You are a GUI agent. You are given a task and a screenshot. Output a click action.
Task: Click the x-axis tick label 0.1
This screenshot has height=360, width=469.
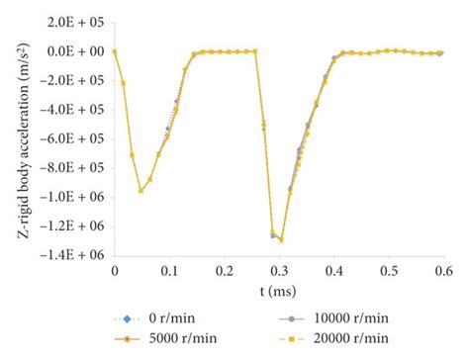[169, 268]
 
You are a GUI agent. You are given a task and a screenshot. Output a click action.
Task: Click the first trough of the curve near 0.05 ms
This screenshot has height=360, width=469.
[141, 191]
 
